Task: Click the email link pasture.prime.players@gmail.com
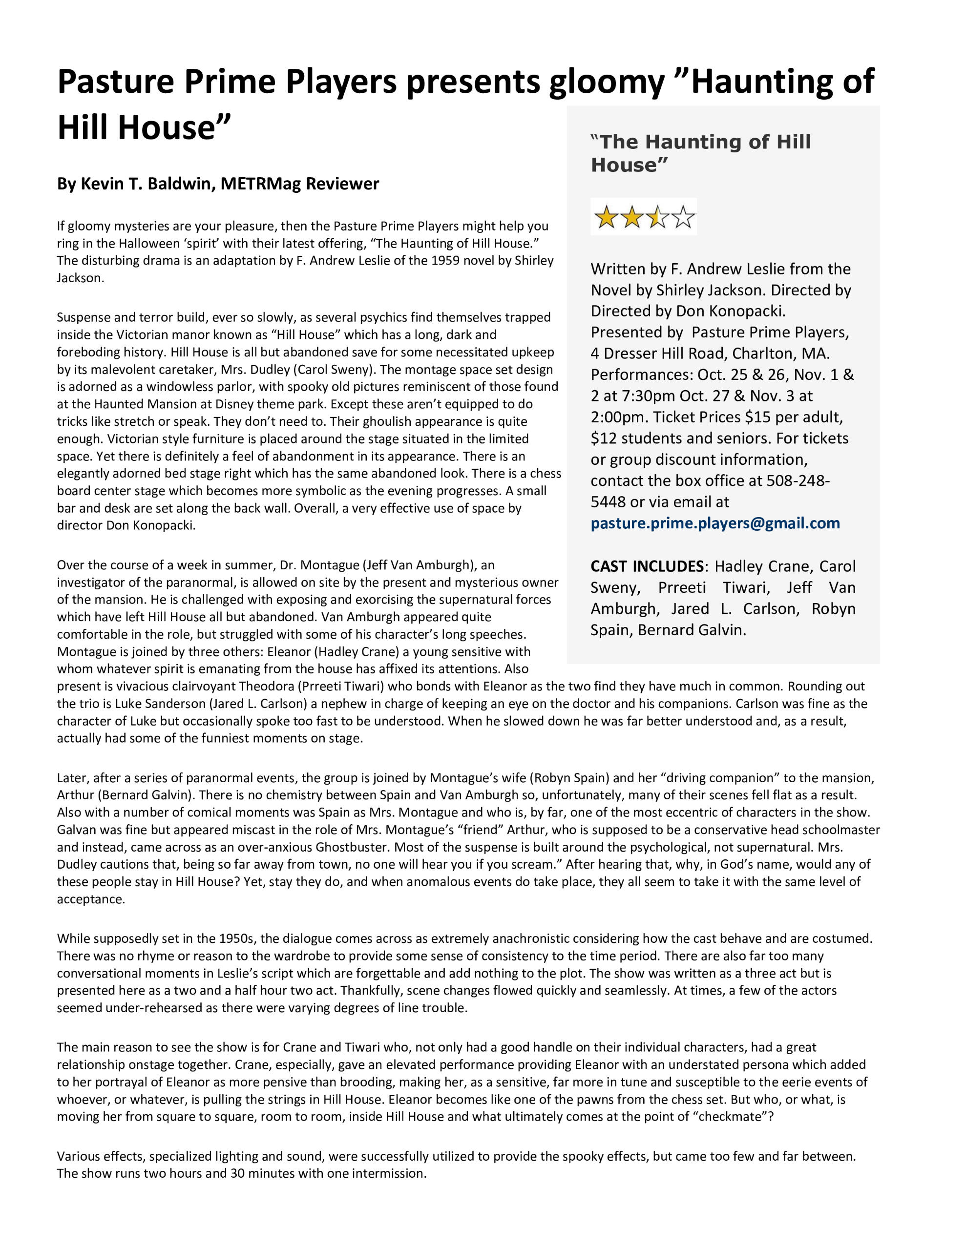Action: point(715,523)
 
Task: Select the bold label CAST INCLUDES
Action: point(647,566)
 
